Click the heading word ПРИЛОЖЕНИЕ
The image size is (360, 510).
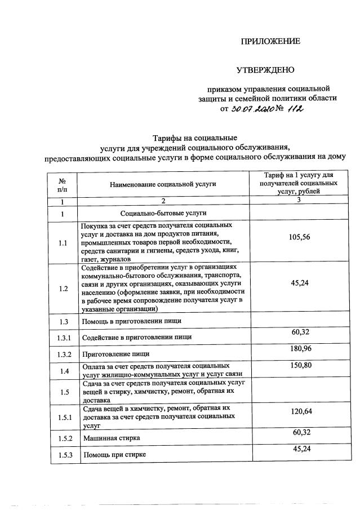pos(270,41)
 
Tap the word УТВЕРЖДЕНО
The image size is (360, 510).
pos(265,70)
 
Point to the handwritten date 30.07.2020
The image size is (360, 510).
pos(251,109)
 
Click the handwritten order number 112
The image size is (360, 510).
pos(295,108)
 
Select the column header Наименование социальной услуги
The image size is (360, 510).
pos(163,184)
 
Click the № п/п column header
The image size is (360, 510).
pos(62,184)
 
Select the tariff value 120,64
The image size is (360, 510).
pos(301,411)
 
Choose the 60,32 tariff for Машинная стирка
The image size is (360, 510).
pos(301,432)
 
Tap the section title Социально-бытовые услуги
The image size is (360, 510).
pos(163,213)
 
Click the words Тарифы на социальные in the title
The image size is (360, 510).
pos(195,138)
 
